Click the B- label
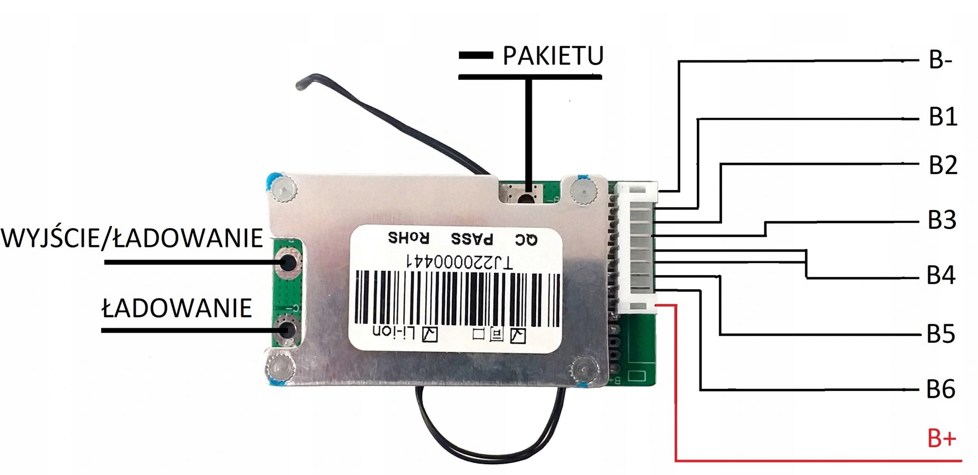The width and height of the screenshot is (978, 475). tap(940, 60)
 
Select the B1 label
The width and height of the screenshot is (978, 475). tap(943, 117)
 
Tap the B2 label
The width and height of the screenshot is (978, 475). tap(943, 165)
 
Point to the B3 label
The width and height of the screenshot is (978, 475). tap(942, 220)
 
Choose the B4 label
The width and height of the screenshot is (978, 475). tap(941, 275)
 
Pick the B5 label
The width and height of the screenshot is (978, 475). tap(941, 333)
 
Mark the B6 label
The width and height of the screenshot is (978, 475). tap(941, 389)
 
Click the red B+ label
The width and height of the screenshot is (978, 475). tap(941, 439)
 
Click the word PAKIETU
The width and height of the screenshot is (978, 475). tap(553, 56)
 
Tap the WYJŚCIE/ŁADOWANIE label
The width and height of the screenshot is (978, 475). tap(132, 238)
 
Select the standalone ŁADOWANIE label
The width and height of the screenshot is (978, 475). tap(177, 308)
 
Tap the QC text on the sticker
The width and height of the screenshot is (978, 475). tap(526, 239)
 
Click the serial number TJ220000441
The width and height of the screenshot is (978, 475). tap(460, 262)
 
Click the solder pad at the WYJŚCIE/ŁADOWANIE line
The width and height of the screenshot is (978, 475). tap(288, 262)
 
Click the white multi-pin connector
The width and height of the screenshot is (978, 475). tap(637, 247)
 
